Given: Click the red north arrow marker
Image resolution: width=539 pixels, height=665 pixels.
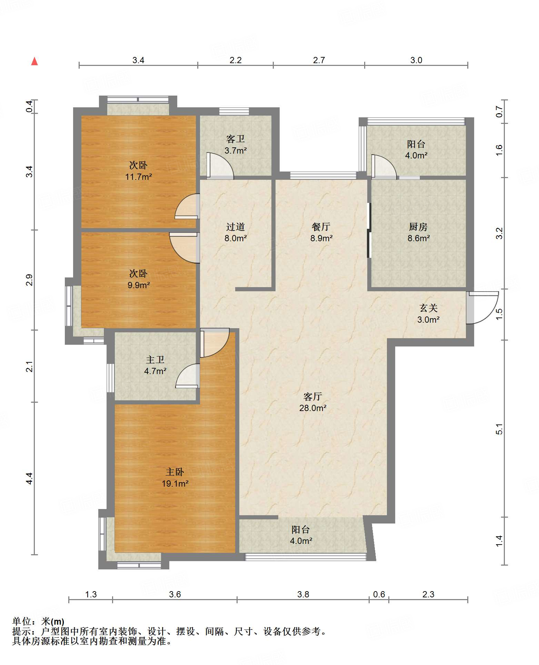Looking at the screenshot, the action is click(x=34, y=61).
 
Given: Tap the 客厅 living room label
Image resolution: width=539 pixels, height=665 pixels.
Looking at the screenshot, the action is click(x=313, y=397).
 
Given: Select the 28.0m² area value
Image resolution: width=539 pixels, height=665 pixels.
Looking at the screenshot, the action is click(x=313, y=408).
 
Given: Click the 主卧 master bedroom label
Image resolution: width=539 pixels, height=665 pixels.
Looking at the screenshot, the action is click(x=175, y=472).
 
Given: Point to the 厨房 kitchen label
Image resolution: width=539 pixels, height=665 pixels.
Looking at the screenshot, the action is click(x=418, y=227).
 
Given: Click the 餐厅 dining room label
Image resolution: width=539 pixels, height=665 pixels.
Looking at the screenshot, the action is click(x=321, y=227).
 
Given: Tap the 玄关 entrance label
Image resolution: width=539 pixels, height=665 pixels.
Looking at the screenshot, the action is click(x=428, y=308).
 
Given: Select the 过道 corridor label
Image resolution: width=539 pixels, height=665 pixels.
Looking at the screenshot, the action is click(x=236, y=227).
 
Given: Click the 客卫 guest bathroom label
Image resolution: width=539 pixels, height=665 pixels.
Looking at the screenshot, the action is click(x=236, y=139).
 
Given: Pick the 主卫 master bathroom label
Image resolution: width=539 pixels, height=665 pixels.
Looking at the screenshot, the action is click(x=155, y=360).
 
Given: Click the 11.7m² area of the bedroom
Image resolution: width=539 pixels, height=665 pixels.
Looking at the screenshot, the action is click(x=139, y=177).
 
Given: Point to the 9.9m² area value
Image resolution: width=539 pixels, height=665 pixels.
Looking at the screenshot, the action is click(x=139, y=285).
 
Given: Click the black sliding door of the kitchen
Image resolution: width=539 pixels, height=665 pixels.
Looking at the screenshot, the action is click(x=369, y=230).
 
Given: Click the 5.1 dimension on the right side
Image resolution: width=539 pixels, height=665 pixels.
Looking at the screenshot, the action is click(x=499, y=429).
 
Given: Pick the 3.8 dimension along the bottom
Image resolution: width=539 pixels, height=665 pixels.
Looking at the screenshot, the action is click(x=303, y=594).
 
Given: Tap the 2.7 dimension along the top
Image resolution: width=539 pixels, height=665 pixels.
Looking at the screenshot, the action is click(x=319, y=60).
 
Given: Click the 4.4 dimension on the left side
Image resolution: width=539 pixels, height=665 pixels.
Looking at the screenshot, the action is click(x=29, y=478).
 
